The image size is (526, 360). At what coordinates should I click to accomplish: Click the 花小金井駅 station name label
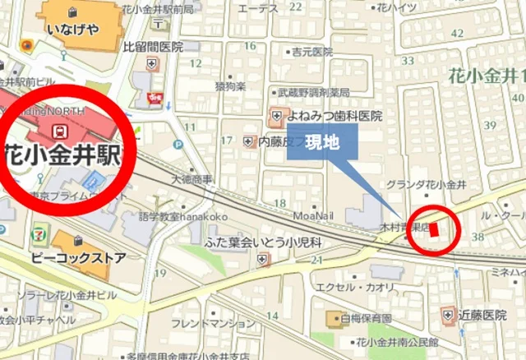tap(62, 154)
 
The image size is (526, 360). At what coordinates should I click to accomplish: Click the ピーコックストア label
tap(79, 257)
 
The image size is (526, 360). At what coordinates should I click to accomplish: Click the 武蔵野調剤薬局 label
tap(313, 92)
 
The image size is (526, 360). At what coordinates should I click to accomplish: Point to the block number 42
tap(458, 34)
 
